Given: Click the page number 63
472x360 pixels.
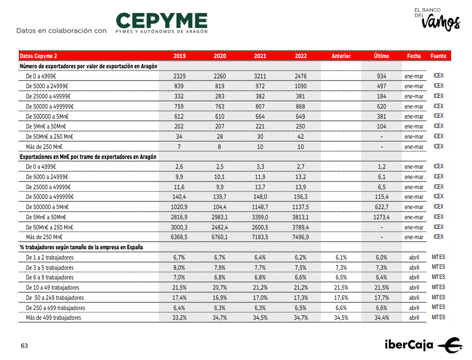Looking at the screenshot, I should (x=24, y=346).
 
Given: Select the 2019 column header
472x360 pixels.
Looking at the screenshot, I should (x=179, y=56).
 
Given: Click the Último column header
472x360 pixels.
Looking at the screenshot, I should (x=381, y=56).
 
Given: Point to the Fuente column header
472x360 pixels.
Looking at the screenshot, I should (x=438, y=56).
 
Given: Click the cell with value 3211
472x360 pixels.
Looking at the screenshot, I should (x=260, y=76).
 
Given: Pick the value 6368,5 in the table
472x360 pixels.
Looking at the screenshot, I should (x=179, y=237).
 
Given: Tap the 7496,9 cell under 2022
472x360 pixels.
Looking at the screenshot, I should (x=301, y=237).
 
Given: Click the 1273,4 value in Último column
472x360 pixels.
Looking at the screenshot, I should (x=381, y=217).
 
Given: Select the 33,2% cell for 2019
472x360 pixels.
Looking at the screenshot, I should (x=179, y=318).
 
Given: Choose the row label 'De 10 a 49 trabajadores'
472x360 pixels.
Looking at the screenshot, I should (x=53, y=288).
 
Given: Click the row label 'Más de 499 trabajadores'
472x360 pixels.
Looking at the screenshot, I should (x=54, y=318).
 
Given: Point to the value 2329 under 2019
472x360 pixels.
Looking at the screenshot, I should (x=179, y=76).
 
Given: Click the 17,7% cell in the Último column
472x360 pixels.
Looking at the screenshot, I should (x=381, y=298).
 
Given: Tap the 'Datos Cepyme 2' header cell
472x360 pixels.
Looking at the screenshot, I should (x=38, y=56).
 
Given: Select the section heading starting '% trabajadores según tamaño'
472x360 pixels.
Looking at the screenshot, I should (x=81, y=247).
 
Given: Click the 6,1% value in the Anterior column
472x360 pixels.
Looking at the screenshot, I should (x=341, y=258).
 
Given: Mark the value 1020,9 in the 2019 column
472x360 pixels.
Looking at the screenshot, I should (x=179, y=207).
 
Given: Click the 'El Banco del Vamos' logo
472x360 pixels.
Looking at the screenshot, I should (x=436, y=19).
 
